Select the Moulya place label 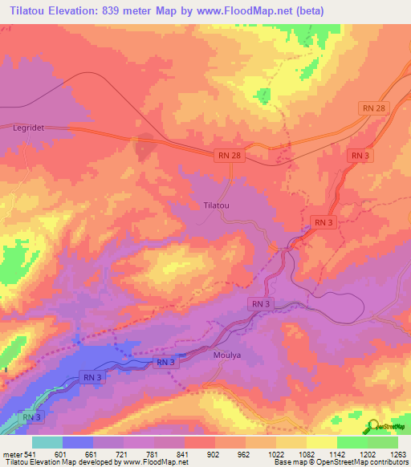(x=227, y=354)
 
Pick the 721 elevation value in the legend (x=123, y=453)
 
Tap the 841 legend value (x=184, y=453)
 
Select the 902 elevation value (x=214, y=453)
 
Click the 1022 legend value (x=275, y=453)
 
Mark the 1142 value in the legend (x=337, y=453)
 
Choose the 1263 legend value (x=398, y=453)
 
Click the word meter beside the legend (x=11, y=453)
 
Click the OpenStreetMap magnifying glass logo (x=374, y=426)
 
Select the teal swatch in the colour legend (x=47, y=442)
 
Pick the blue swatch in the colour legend (x=77, y=442)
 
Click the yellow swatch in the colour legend (x=322, y=442)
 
